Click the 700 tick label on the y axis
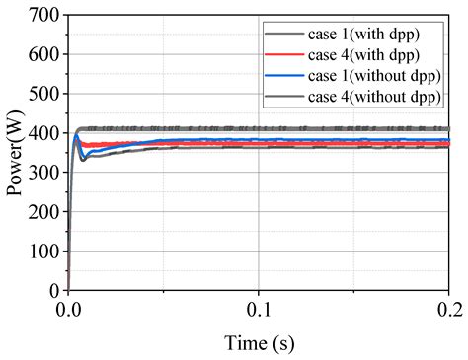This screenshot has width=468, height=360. coord(42,15)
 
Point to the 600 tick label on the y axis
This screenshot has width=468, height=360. coord(42,54)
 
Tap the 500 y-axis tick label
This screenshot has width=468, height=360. coord(42,94)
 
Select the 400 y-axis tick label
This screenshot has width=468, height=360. coord(42,133)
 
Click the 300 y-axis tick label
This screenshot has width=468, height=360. coord(42,173)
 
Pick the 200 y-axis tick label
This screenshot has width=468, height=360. coord(42,212)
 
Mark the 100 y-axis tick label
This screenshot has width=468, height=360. coord(42,252)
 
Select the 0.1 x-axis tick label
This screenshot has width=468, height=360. coord(259,309)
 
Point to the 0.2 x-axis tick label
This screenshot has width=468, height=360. coord(449,309)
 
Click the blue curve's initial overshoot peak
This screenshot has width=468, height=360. coord(76,136)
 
